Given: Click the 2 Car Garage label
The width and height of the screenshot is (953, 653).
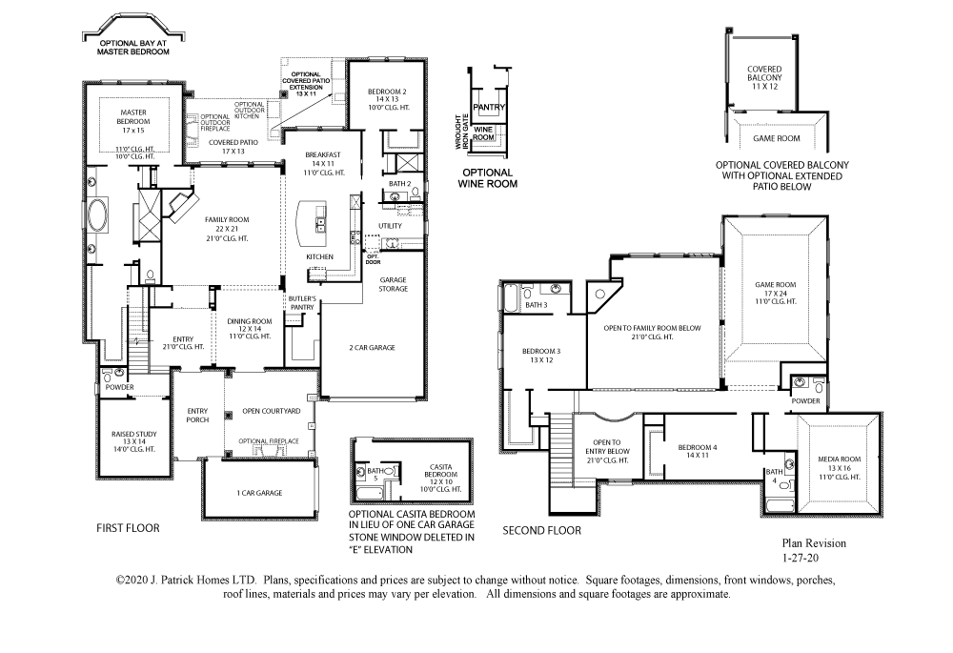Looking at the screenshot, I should tap(371, 348).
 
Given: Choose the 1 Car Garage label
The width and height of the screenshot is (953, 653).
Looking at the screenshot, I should tap(258, 493).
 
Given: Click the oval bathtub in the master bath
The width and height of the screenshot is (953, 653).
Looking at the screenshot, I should tap(100, 216).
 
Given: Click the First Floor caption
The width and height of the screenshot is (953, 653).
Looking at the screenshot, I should tap(128, 528).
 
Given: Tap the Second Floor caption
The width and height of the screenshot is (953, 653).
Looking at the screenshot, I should tap(541, 531).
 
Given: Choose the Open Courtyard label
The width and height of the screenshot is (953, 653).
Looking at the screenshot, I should tap(272, 411).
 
